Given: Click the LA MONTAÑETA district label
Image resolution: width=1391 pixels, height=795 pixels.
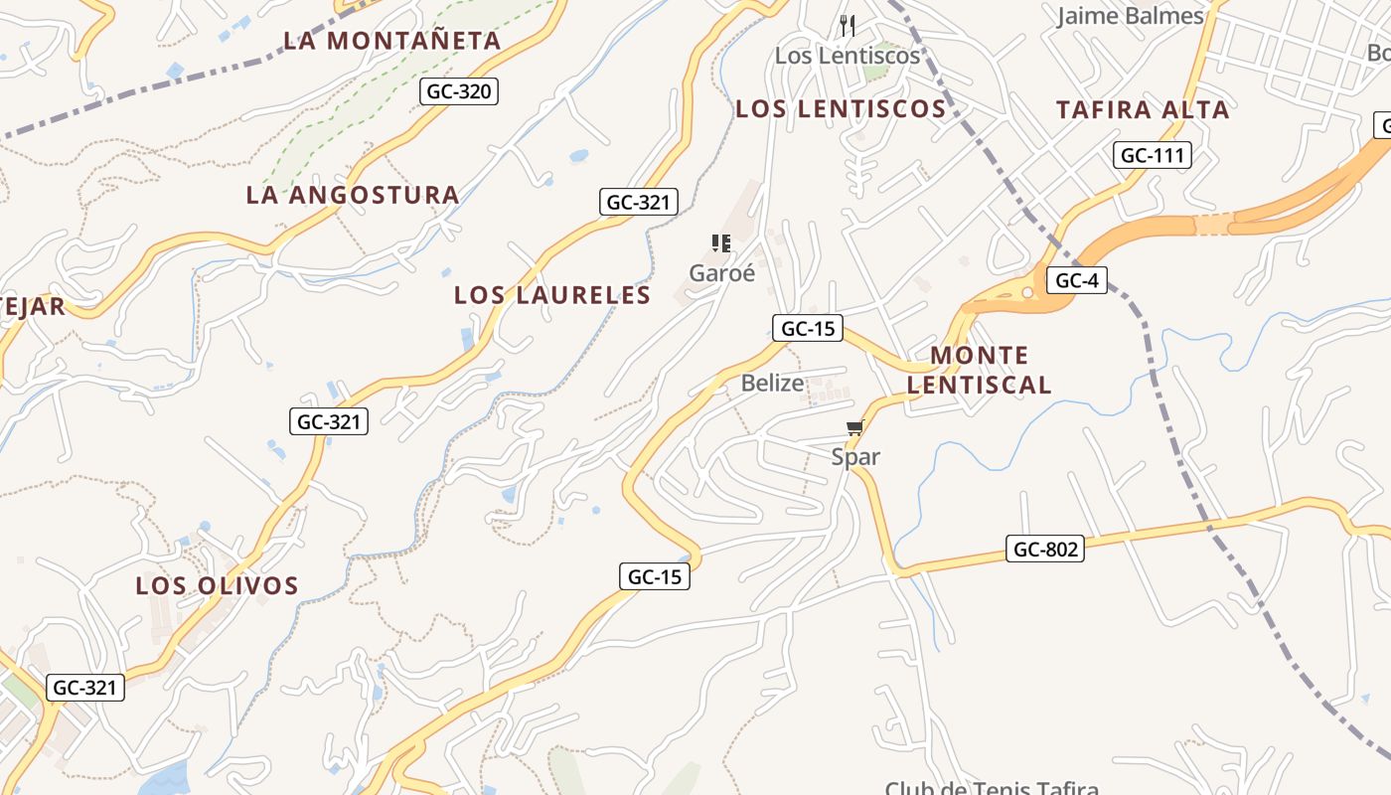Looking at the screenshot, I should pos(391,41).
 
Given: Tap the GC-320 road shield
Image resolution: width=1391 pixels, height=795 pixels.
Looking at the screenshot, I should pos(458,92).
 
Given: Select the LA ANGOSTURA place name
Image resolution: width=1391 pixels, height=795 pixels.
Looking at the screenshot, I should pos(353,195).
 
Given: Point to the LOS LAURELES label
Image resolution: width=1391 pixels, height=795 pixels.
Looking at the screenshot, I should pos(552,295).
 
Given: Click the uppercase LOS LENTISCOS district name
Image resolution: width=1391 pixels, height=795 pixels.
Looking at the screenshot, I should pos(841,109).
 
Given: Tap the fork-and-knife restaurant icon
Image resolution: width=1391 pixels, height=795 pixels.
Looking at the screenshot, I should pos(848,25).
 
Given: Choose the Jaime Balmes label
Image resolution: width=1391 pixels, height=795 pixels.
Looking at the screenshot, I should pos(1130,16).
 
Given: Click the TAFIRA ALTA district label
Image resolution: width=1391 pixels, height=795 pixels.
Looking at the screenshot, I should pos(1143,110).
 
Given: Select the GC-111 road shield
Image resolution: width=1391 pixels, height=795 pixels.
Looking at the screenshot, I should pos(1153,155).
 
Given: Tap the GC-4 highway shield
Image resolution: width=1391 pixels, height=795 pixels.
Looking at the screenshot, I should pos(1076,280).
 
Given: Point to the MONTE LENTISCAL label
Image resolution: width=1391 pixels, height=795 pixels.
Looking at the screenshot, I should pos(979,370).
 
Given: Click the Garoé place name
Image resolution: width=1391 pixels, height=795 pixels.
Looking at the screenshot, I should pos(722,273).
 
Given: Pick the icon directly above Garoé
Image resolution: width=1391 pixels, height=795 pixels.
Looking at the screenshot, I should pos(721,243).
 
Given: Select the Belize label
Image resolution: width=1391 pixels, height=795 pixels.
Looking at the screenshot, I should pos(772,384).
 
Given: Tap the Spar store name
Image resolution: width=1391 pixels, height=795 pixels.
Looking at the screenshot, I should pos(855,457).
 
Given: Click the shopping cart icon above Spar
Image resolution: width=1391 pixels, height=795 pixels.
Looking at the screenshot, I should pos(854,428).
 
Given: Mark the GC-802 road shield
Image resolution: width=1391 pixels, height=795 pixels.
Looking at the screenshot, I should pos(1044,549).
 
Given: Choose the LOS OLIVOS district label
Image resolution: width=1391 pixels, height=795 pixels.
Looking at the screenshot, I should pos(217,585).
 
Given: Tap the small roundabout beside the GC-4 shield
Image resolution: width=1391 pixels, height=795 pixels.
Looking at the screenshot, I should pos(1027,292).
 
